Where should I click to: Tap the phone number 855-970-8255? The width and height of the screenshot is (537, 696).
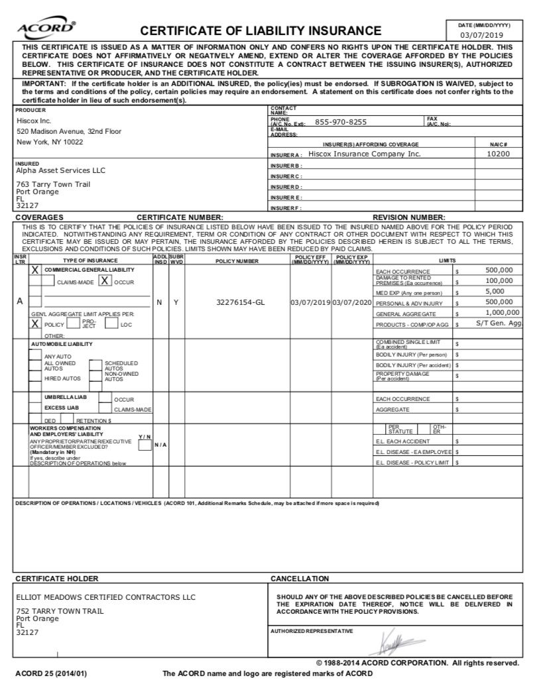point(341,122)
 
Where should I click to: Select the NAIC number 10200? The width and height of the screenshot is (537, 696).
point(498,154)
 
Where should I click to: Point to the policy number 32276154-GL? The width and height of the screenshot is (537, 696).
point(241,302)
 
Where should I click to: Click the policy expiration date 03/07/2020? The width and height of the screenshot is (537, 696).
point(351,302)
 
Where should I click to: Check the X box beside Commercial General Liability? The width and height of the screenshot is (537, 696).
point(35,270)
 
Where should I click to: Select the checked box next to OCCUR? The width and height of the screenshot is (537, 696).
point(105,281)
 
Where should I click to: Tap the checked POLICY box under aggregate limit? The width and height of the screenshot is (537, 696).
point(35,323)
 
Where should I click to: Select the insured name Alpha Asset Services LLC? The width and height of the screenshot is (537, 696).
point(60,170)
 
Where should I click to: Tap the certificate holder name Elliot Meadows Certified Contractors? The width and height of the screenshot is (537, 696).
point(105,597)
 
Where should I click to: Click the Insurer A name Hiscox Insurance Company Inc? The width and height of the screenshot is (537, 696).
point(365,154)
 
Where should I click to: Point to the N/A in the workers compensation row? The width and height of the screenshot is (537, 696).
point(160,444)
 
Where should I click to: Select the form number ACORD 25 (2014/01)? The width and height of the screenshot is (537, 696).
point(51,674)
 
